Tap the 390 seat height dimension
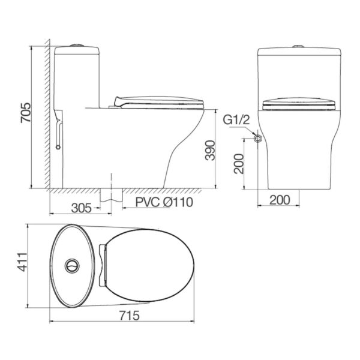coord(210,151)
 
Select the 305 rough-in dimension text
coord(82,208)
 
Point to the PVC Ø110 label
coord(164,202)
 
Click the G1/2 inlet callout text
coord(236,120)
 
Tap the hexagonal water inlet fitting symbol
coord(257,139)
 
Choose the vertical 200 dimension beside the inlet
coord(239,163)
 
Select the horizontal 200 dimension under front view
coord(280,200)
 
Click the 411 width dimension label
coord(23,262)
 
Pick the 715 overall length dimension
coord(129,316)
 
